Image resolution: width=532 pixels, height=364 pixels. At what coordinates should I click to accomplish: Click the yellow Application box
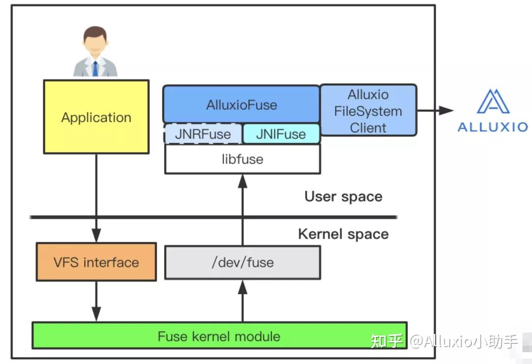[96, 117]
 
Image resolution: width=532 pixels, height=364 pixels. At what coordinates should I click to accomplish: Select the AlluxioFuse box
[241, 105]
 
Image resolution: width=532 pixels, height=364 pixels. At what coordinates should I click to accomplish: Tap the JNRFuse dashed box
[203, 134]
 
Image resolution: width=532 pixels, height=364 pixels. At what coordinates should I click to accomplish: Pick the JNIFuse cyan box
[281, 134]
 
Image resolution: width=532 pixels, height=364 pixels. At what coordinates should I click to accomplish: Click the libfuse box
[242, 159]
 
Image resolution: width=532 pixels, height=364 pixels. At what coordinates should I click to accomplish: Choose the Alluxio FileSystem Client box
[368, 111]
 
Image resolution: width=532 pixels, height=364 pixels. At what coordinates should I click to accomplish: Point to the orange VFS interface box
[96, 262]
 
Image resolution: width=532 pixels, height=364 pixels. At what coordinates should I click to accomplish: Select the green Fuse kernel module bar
[219, 336]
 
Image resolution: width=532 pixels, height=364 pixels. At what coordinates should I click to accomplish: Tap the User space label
[343, 196]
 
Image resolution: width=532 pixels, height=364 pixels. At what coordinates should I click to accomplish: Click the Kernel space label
[343, 234]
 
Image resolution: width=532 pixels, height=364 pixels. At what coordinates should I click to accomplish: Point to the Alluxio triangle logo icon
[493, 102]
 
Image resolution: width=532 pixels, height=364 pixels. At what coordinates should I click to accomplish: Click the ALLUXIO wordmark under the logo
[493, 127]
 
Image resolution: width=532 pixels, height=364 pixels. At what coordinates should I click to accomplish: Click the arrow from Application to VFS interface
[96, 197]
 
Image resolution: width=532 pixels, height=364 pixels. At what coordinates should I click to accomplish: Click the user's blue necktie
[95, 68]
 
